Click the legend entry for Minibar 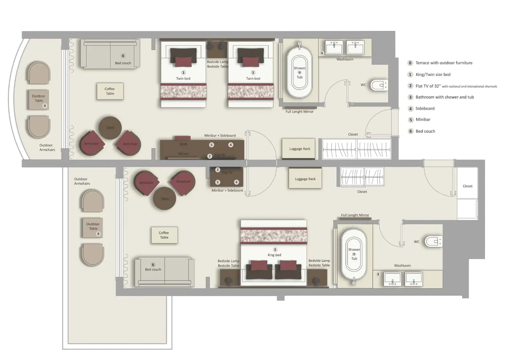(x=423, y=120)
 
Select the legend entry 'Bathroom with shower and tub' (x=444, y=97)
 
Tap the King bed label (x=274, y=255)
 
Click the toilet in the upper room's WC (x=379, y=85)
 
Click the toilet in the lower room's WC (x=433, y=242)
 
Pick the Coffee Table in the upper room (x=110, y=91)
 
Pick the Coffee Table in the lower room (x=164, y=235)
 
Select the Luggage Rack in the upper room (x=299, y=149)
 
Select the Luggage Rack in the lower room (x=305, y=179)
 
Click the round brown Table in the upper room (x=110, y=128)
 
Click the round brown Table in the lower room (x=164, y=199)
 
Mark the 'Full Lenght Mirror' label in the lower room (x=355, y=215)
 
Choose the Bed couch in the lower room (x=164, y=272)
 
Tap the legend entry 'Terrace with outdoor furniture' (x=443, y=63)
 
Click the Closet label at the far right (x=467, y=186)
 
